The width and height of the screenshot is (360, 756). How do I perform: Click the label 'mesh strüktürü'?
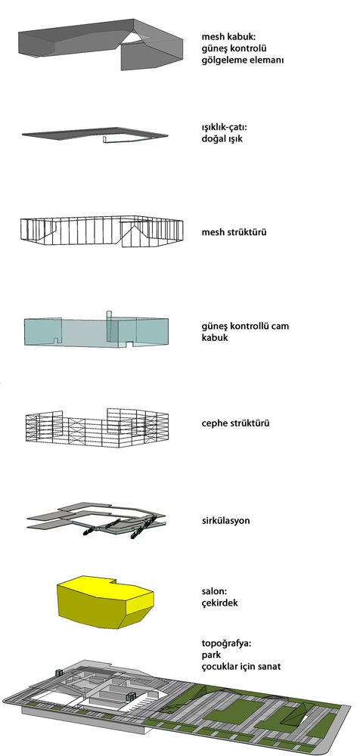click(x=234, y=232)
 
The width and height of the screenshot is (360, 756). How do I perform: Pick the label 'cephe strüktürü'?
click(x=235, y=424)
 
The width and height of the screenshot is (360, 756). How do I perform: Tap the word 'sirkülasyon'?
click(x=225, y=521)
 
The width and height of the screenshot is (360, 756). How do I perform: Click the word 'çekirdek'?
click(x=219, y=603)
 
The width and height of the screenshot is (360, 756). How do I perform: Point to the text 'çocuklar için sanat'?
click(x=241, y=667)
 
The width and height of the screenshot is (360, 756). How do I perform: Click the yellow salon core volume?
click(x=106, y=602)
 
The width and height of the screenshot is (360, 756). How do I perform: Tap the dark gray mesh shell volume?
click(x=101, y=43)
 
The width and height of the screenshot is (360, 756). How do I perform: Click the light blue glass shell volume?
click(x=96, y=330)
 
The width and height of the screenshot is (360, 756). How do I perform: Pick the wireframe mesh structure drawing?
click(x=101, y=231)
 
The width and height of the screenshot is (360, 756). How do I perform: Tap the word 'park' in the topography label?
click(x=211, y=656)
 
